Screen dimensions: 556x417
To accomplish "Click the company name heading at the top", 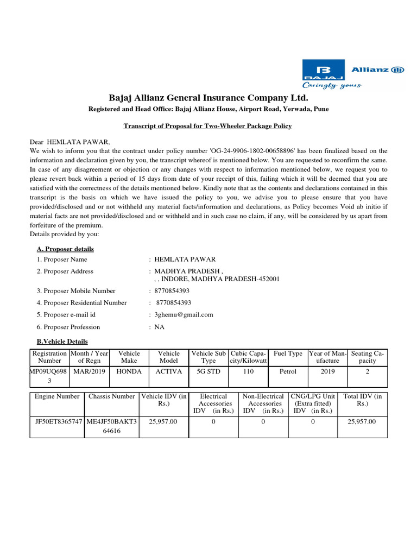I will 208,98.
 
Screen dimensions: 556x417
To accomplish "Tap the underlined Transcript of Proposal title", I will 207,126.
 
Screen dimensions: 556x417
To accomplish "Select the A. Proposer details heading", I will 65,249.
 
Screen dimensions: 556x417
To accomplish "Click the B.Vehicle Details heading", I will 62,342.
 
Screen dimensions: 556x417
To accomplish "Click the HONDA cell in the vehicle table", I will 129,372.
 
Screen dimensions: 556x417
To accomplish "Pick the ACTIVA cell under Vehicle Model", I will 168,372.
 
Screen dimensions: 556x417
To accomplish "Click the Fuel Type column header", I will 288,353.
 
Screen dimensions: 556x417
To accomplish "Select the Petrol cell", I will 288,372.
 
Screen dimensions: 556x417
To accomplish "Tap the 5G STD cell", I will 208,372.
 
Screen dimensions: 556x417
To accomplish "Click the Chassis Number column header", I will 111,396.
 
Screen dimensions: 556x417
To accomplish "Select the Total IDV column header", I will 362,400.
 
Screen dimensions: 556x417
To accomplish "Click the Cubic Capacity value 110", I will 248,372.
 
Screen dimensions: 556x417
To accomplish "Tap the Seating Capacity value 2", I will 367,372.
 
